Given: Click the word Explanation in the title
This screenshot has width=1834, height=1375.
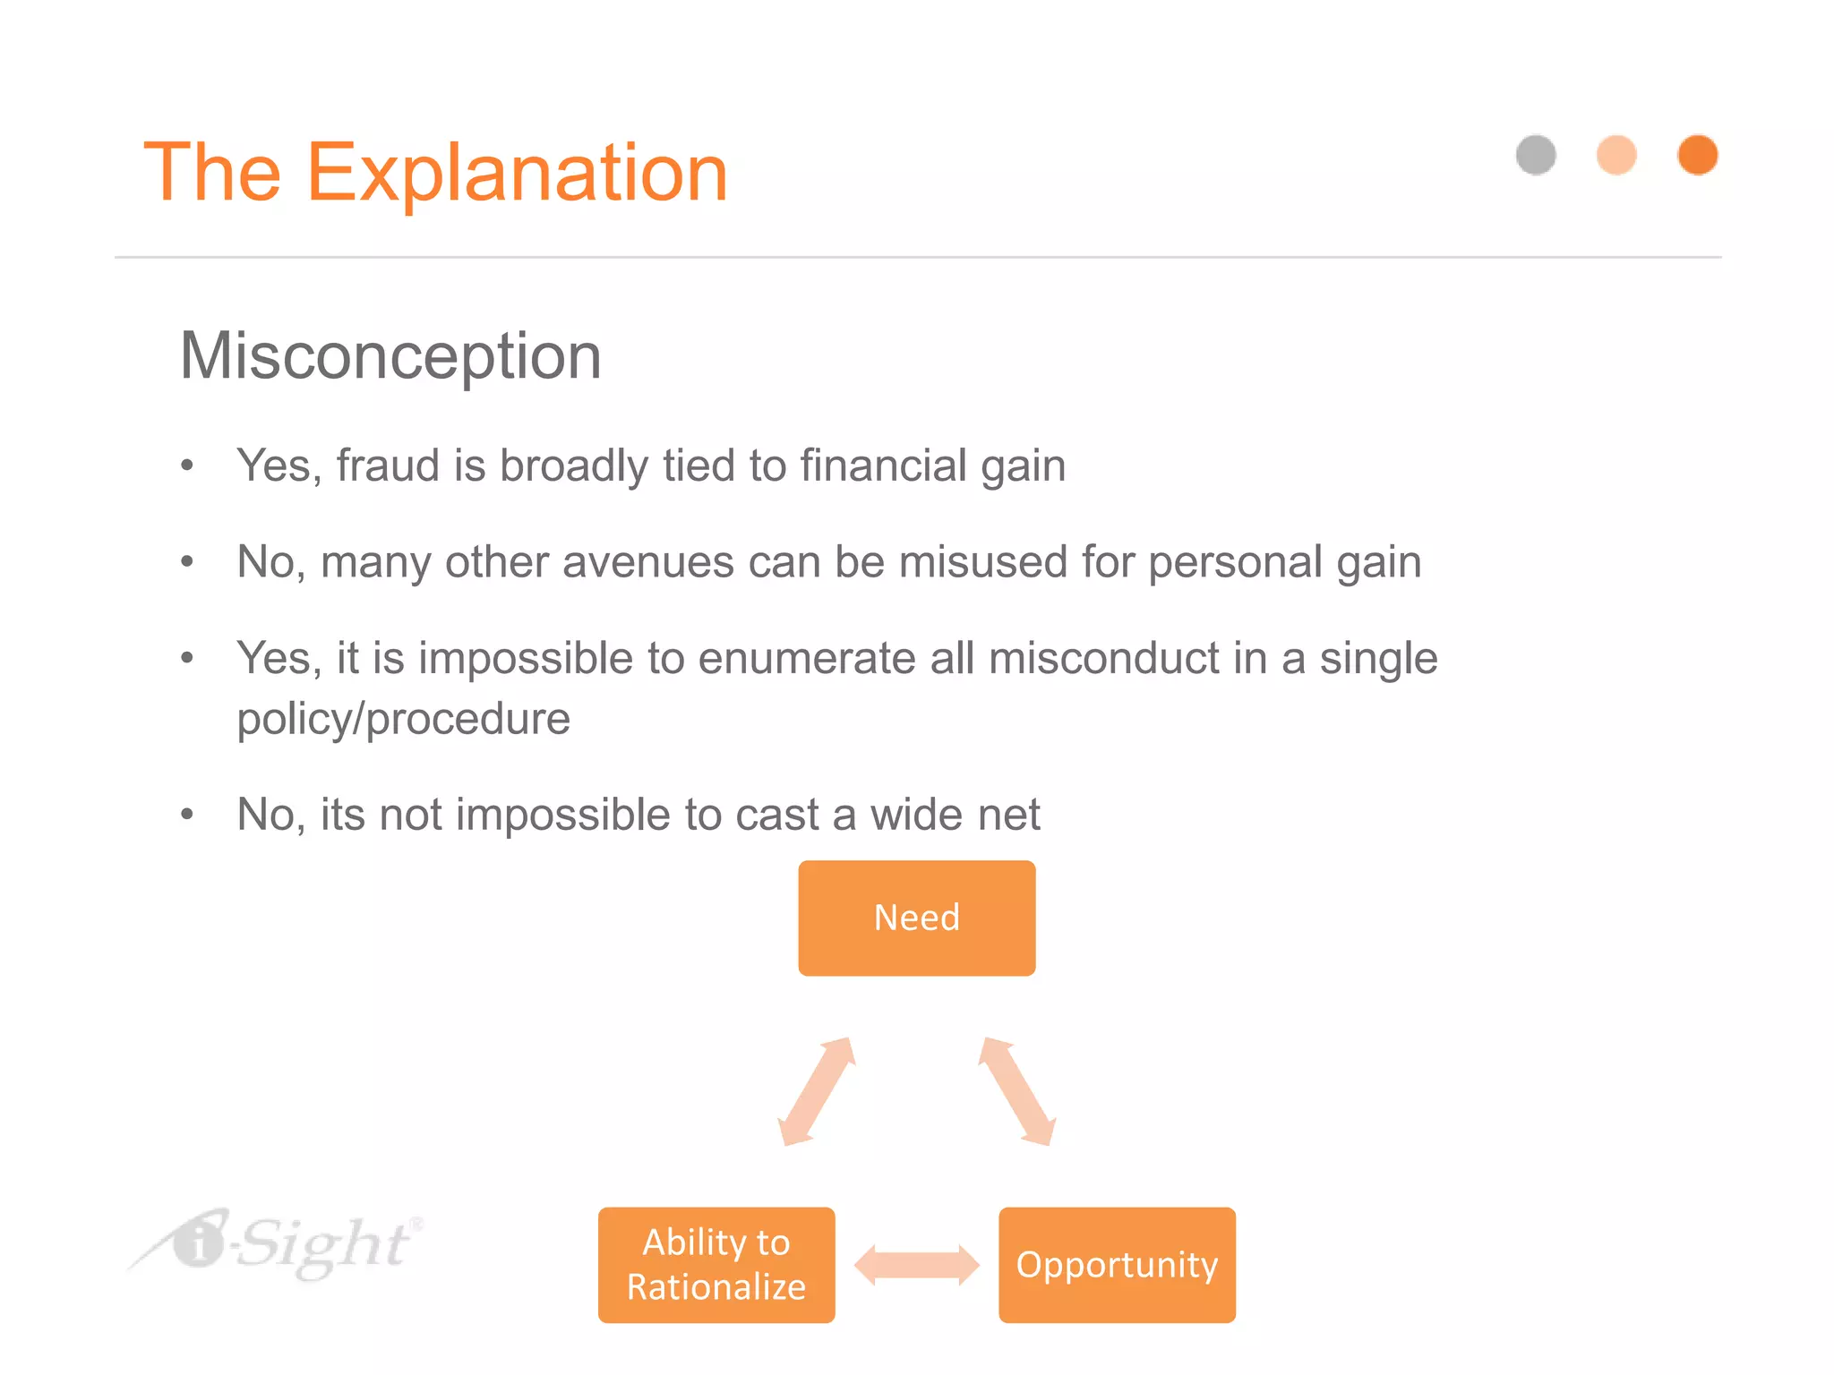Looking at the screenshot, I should (x=517, y=173).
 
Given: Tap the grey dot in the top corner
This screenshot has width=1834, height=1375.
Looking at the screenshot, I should (x=1536, y=155).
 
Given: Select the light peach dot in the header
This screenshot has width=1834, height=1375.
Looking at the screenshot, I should (x=1616, y=155).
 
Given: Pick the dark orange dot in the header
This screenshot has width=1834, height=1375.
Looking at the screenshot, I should (x=1697, y=155).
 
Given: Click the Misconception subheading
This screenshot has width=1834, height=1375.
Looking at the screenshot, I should (x=390, y=355).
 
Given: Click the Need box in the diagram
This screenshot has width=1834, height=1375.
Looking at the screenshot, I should (x=916, y=918).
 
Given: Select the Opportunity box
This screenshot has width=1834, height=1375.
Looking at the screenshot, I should (x=1117, y=1264).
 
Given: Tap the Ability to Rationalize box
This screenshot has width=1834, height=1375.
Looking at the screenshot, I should (x=716, y=1264).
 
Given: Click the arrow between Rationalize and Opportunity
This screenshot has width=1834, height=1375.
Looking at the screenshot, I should (x=916, y=1264).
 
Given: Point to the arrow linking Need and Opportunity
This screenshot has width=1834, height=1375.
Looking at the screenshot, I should (x=1017, y=1091).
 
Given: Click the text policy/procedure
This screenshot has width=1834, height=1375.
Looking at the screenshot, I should (x=403, y=719).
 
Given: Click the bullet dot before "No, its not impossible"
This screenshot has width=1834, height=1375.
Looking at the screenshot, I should (x=186, y=815).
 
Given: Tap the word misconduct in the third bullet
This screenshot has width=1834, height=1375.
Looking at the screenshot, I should (x=1103, y=658).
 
